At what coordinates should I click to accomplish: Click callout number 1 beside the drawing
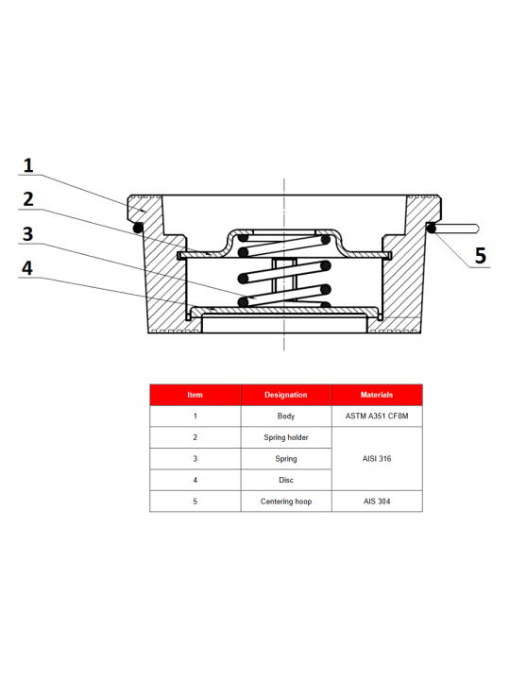pyautogui.click(x=28, y=165)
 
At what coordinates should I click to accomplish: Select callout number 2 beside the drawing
pyautogui.click(x=28, y=199)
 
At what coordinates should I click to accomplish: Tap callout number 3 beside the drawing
pyautogui.click(x=27, y=234)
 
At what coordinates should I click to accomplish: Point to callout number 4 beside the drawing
pyautogui.click(x=27, y=268)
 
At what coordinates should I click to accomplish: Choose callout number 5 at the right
pyautogui.click(x=481, y=255)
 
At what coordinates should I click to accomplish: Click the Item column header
pyautogui.click(x=195, y=395)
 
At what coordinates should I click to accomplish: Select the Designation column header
pyautogui.click(x=286, y=395)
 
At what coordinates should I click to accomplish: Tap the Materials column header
pyautogui.click(x=377, y=395)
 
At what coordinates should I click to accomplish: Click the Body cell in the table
pyautogui.click(x=286, y=416)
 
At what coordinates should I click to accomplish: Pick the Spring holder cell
pyautogui.click(x=286, y=437)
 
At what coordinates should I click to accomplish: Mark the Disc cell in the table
pyautogui.click(x=286, y=480)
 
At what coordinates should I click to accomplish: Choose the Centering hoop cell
pyautogui.click(x=286, y=501)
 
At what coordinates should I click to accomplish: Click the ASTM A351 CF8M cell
pyautogui.click(x=377, y=416)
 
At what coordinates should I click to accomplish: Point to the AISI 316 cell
pyautogui.click(x=377, y=458)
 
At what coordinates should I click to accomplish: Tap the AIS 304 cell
pyautogui.click(x=377, y=501)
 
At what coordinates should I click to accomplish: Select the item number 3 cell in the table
pyautogui.click(x=195, y=458)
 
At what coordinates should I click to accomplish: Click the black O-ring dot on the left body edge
pyautogui.click(x=138, y=228)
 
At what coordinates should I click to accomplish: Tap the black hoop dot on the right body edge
pyautogui.click(x=432, y=228)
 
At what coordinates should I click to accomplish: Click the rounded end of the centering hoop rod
pyautogui.click(x=477, y=229)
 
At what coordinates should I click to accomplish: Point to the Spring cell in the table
pyautogui.click(x=286, y=458)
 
